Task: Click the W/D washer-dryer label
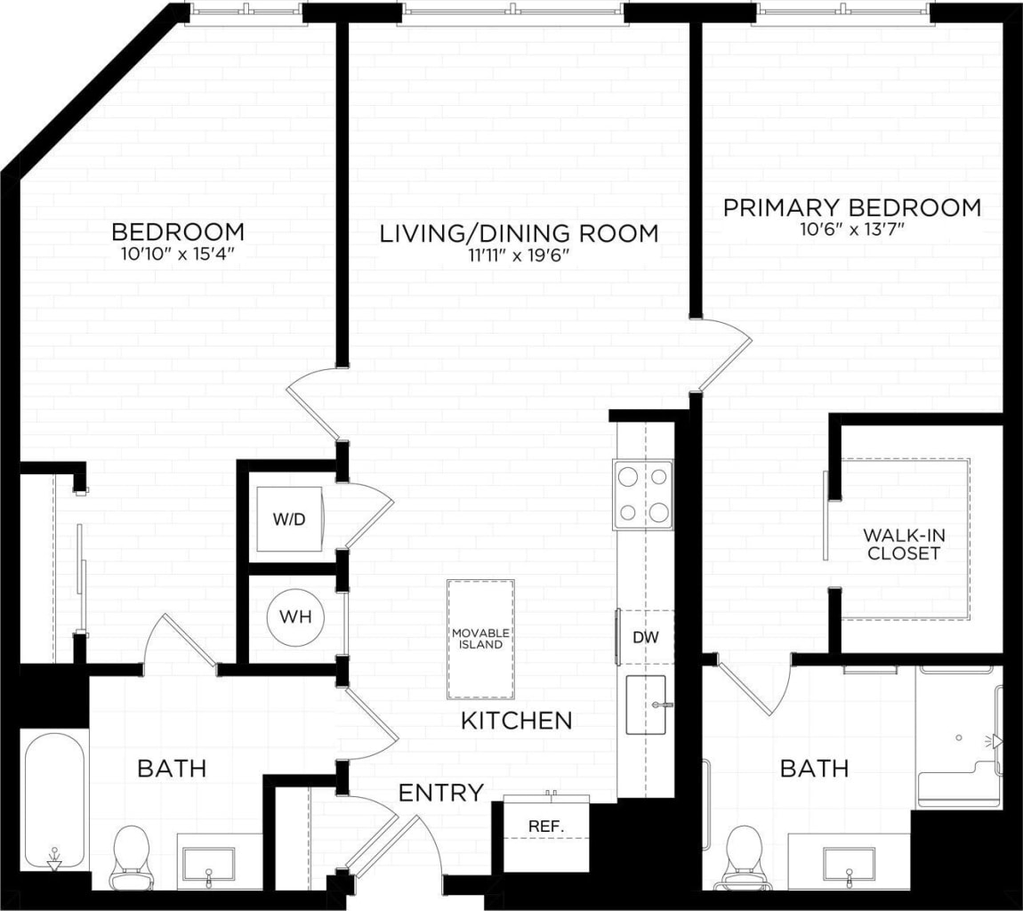pyautogui.click(x=286, y=520)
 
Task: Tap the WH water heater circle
pyautogui.click(x=295, y=616)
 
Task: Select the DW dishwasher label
pyautogui.click(x=645, y=637)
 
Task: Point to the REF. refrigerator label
pyautogui.click(x=545, y=826)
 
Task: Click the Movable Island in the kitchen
pyautogui.click(x=480, y=638)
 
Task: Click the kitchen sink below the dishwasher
pyautogui.click(x=646, y=705)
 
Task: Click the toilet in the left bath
pyautogui.click(x=131, y=856)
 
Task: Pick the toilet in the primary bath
pyautogui.click(x=744, y=857)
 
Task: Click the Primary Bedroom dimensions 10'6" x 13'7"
pyautogui.click(x=851, y=230)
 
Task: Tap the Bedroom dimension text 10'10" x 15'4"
pyautogui.click(x=178, y=254)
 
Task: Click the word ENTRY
pyautogui.click(x=440, y=793)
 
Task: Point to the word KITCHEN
pyautogui.click(x=516, y=721)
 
